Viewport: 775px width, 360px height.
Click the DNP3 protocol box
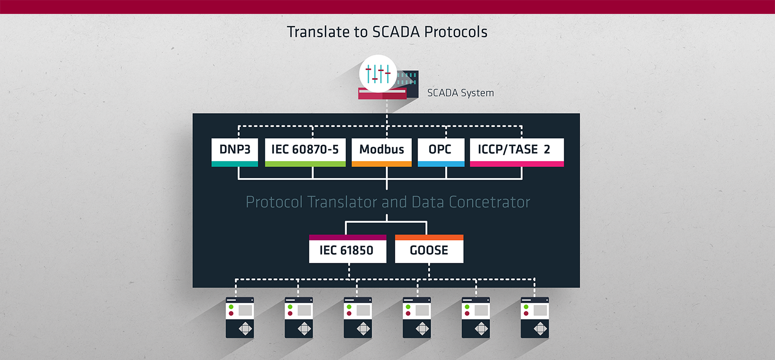pyautogui.click(x=235, y=152)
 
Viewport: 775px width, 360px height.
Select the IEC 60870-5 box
pyautogui.click(x=305, y=152)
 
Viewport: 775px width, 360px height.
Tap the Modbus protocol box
pyautogui.click(x=382, y=152)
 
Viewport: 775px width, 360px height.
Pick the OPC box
pyautogui.click(x=441, y=152)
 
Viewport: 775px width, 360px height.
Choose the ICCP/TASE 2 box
pyautogui.click(x=517, y=152)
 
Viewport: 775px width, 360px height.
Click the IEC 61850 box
pyautogui.click(x=347, y=248)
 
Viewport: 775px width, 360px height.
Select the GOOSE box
pyautogui.click(x=429, y=248)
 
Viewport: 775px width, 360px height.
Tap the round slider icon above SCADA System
pyautogui.click(x=378, y=74)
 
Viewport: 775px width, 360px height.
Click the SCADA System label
pyautogui.click(x=460, y=93)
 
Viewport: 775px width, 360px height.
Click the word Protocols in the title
pyautogui.click(x=456, y=32)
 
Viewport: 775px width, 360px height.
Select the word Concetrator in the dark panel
pyautogui.click(x=489, y=202)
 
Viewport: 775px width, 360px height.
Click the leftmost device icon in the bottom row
pyautogui.click(x=240, y=318)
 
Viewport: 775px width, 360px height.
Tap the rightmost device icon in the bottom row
pyautogui.click(x=535, y=318)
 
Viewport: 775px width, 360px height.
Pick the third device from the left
pyautogui.click(x=358, y=318)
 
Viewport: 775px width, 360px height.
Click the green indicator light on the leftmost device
pyautogui.click(x=231, y=307)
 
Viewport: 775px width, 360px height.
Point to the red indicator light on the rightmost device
pyautogui.click(x=526, y=314)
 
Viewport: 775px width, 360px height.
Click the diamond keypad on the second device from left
pyautogui.click(x=304, y=328)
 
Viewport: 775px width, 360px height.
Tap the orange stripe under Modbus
pyautogui.click(x=382, y=164)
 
